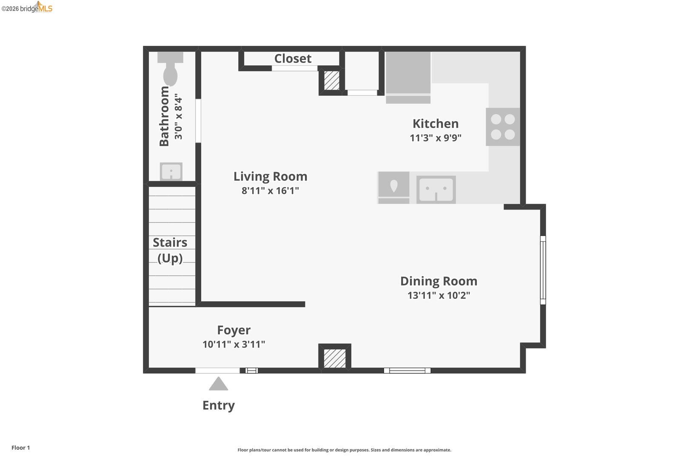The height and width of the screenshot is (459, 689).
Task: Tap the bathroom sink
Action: [x=171, y=172]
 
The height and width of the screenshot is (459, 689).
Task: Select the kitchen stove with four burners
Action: [x=503, y=127]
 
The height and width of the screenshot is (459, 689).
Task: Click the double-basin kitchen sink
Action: [x=436, y=190]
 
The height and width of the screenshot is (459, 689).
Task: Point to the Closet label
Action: [x=293, y=59]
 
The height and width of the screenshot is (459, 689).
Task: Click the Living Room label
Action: [x=270, y=176]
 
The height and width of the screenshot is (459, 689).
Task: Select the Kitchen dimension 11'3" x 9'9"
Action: [x=436, y=138]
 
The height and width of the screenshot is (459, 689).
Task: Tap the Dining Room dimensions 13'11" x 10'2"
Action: [x=438, y=295]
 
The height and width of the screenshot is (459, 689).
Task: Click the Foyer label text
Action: [x=233, y=330]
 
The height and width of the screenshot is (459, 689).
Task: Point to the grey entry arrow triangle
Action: [x=218, y=384]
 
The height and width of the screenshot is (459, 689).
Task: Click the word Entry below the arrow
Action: [x=218, y=405]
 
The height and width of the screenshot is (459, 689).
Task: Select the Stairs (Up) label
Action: [x=170, y=250]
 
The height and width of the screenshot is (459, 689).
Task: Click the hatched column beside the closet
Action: [x=331, y=80]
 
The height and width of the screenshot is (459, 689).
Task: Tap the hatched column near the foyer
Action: [x=335, y=358]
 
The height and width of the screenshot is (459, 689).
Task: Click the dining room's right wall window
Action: [x=543, y=270]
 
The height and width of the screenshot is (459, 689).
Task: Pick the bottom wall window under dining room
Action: [x=407, y=371]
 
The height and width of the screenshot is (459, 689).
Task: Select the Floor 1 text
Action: [x=20, y=448]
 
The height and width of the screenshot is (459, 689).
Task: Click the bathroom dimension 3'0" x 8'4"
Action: [x=179, y=116]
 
